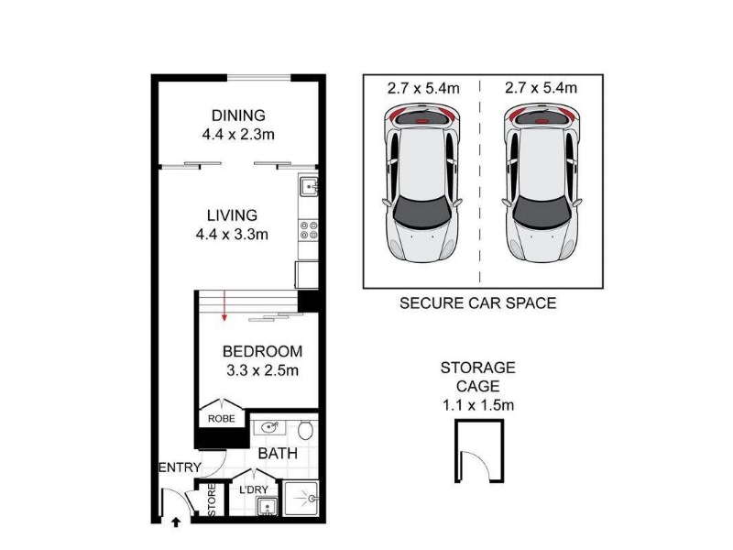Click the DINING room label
coord(238,115)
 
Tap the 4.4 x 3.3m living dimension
coord(232,235)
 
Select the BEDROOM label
coord(262,351)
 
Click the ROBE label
coord(222,419)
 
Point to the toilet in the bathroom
coord(306,430)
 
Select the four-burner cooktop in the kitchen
coord(309,230)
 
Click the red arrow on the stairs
coord(224,306)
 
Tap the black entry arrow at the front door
coord(176,522)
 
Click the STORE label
coord(212,500)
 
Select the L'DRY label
coord(254,489)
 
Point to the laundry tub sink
coord(267,507)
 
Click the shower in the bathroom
coord(301,499)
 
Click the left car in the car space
coord(422,184)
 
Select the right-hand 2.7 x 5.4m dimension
coord(541,88)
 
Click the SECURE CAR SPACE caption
coord(477,303)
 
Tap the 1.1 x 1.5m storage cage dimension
coord(478,405)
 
